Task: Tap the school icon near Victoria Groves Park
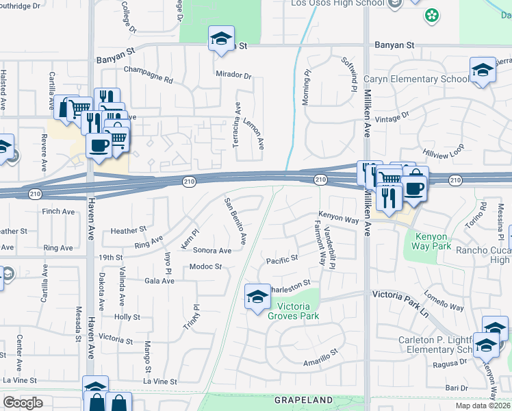257,297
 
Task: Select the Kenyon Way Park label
432,242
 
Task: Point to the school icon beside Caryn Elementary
483,70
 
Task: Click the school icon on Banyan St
221,39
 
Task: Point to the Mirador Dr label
233,74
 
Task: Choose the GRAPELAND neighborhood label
303,399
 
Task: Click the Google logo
23,403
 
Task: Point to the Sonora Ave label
212,251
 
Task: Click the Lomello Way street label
444,301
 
